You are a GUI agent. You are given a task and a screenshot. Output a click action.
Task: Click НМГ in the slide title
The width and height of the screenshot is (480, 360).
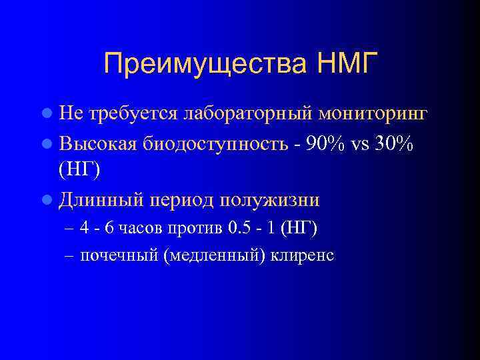(x=345, y=64)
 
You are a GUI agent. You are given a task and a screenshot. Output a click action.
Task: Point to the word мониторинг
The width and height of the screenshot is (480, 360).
(x=382, y=114)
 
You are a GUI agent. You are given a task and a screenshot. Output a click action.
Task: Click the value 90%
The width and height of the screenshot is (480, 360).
(x=323, y=142)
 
